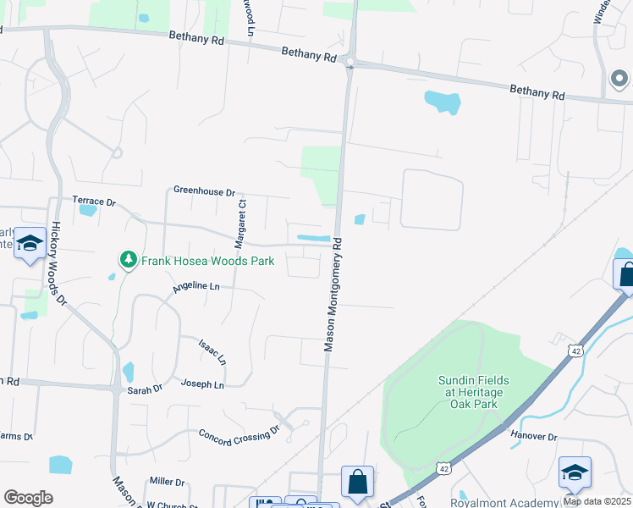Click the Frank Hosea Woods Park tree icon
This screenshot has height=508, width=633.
click(128, 259)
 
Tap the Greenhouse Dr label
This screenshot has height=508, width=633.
click(204, 192)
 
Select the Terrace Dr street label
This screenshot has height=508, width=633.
click(93, 202)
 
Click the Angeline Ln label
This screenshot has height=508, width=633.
click(195, 288)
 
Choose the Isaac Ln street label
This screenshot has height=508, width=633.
click(212, 352)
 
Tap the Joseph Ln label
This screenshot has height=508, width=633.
click(202, 384)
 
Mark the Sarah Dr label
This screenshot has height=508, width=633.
click(144, 389)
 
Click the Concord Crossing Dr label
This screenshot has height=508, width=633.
click(239, 433)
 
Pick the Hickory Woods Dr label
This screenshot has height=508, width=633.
click(58, 264)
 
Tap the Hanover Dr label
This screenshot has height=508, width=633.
click(533, 437)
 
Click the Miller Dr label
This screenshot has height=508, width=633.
click(167, 482)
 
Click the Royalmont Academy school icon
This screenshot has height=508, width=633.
click(575, 472)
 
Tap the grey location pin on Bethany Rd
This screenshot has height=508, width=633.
click(619, 80)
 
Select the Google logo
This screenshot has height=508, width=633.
click(28, 498)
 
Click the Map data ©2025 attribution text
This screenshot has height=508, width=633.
click(597, 501)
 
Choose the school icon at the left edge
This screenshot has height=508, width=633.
click(30, 245)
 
